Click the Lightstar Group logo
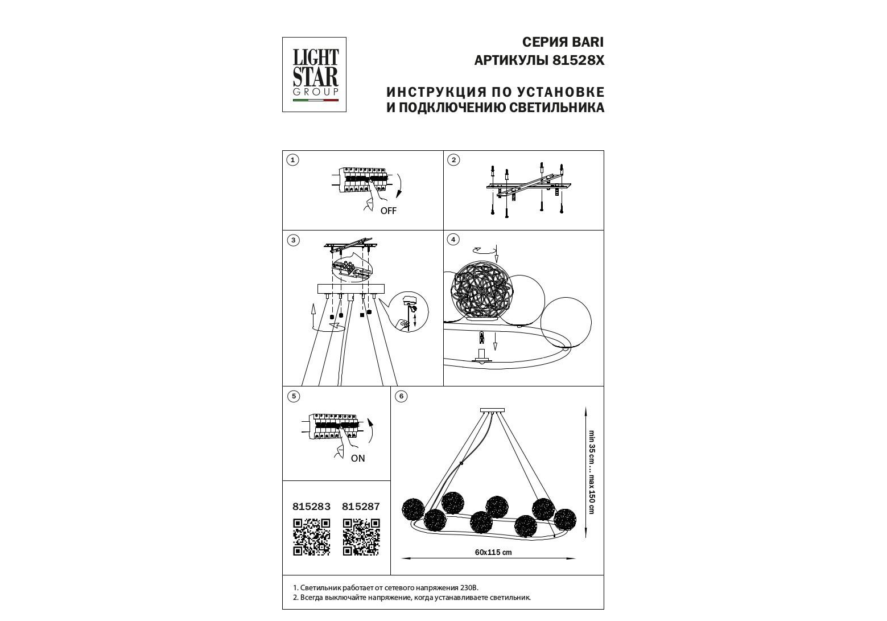click(x=314, y=75)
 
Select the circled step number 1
click(x=292, y=160)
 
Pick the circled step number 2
click(x=453, y=160)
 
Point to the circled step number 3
click(x=293, y=240)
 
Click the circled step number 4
click(x=453, y=240)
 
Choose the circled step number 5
click(x=294, y=396)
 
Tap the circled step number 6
click(x=401, y=396)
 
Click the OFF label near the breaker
click(x=389, y=211)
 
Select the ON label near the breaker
click(x=358, y=459)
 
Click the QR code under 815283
click(x=312, y=537)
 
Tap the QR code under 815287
click(x=361, y=537)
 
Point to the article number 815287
click(x=361, y=507)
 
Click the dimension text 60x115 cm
click(x=493, y=553)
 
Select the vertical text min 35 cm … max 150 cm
click(x=592, y=472)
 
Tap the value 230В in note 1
click(x=469, y=588)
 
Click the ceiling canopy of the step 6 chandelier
click(x=492, y=410)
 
